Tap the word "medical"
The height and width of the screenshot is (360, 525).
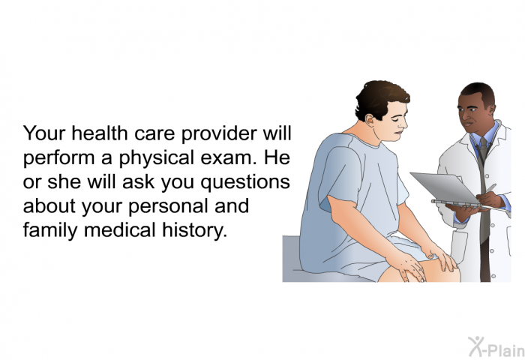(x=120, y=230)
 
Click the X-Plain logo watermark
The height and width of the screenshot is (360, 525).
(x=496, y=346)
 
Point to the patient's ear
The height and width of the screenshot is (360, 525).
(x=369, y=119)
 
